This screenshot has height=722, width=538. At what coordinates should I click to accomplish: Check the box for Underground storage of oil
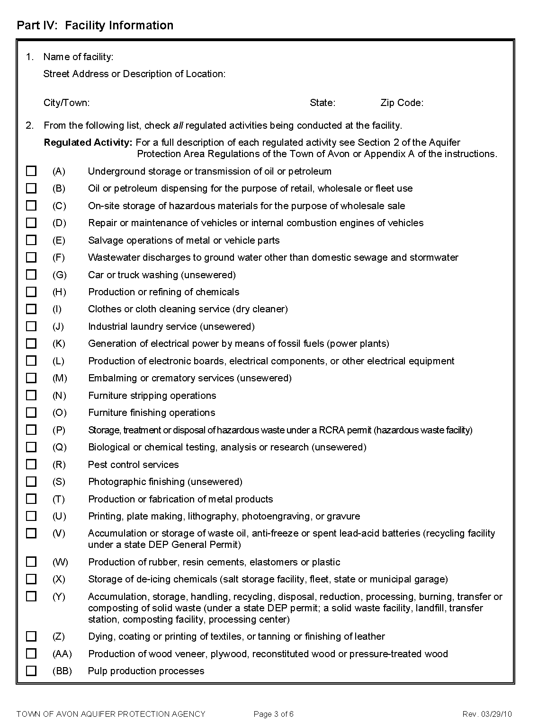pos(31,171)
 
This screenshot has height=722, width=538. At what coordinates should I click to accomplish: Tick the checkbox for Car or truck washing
pos(31,274)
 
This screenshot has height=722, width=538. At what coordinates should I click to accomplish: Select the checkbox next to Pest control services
pos(31,464)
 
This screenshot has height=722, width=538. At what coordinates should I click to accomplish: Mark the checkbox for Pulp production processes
pos(31,670)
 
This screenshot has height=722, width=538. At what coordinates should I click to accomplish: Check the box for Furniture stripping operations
pos(31,395)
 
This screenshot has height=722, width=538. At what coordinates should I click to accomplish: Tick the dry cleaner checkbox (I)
pos(31,309)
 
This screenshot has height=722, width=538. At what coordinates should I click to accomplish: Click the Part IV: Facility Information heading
pos(95,25)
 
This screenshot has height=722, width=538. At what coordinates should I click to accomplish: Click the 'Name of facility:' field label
pos(78,57)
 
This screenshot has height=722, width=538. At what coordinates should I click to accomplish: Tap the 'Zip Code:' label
pos(402,103)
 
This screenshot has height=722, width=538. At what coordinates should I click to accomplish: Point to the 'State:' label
pos(323,103)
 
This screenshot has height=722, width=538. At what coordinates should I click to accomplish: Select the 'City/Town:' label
pos(66,103)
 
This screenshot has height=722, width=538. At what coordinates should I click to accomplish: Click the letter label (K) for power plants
pos(59,343)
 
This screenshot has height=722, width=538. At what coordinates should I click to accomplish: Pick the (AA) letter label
pos(62,653)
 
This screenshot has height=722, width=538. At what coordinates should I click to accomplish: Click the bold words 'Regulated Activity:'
pos(88,142)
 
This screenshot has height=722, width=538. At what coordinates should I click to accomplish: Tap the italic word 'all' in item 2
pos(178,125)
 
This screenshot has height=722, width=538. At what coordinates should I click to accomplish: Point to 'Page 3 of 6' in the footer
pos(274,714)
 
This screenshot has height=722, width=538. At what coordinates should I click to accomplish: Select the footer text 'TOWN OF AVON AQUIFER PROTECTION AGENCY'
pos(111,714)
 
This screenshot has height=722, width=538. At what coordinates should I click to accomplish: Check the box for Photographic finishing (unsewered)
pos(31,481)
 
